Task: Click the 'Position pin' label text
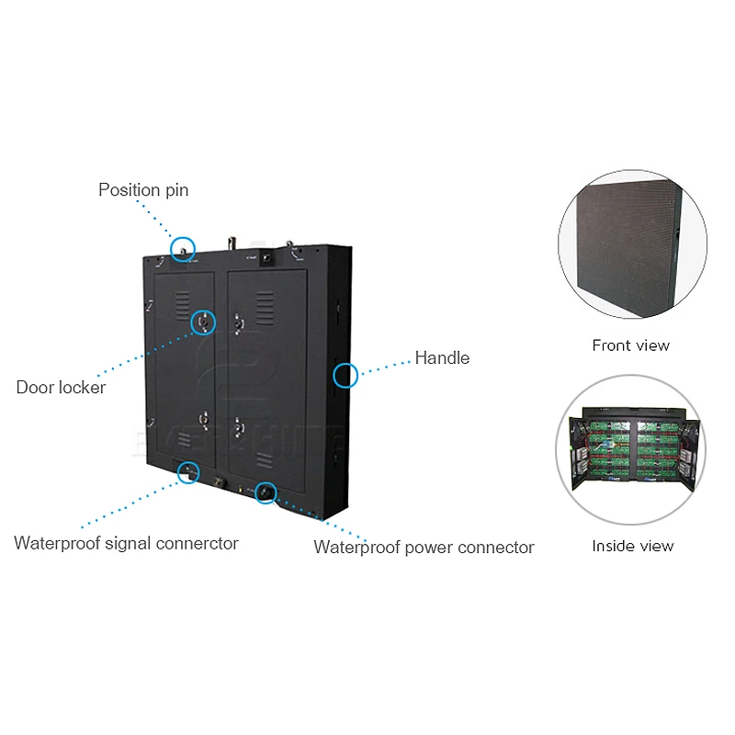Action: point(143,190)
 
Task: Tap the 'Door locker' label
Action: point(61,388)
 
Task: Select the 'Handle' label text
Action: point(442,358)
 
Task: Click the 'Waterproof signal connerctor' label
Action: point(126,543)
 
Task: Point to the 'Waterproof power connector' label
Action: point(424,548)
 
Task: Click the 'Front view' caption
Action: point(631,345)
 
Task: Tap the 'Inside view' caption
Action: point(633,546)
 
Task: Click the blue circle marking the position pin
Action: point(182,238)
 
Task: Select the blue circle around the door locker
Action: point(203,311)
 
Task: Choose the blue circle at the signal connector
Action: point(188,462)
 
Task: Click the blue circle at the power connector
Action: point(266,481)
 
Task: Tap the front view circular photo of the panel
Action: point(632,244)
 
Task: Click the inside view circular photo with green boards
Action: point(631,450)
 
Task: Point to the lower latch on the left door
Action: point(204,420)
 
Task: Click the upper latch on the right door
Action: point(238,323)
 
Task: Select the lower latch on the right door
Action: point(238,427)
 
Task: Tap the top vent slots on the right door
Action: point(265,307)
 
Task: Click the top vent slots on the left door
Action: point(182,305)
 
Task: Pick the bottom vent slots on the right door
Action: point(265,460)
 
